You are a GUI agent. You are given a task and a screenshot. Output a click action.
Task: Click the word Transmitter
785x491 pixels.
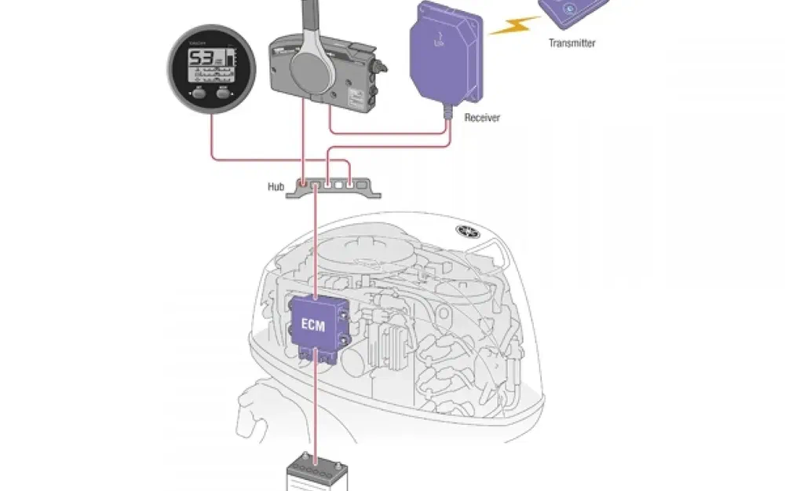(x=571, y=43)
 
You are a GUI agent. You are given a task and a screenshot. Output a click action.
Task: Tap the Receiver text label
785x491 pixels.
(x=482, y=118)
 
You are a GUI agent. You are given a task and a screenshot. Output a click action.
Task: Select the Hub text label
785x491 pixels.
(x=276, y=187)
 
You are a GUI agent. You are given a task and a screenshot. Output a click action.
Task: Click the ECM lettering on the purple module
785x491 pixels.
(x=313, y=324)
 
